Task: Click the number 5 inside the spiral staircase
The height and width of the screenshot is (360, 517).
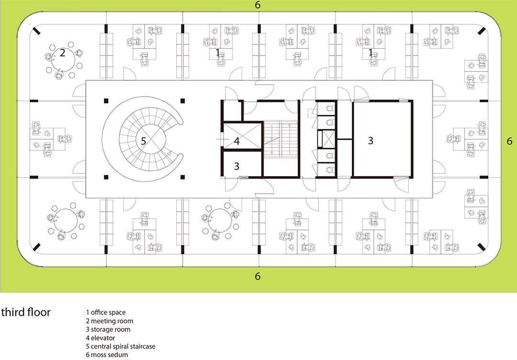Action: pos(144,141)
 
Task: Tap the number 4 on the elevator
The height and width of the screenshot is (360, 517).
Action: pos(237,141)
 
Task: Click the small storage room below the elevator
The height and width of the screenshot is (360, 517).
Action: pos(243,164)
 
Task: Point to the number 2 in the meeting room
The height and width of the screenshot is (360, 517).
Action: pos(62,52)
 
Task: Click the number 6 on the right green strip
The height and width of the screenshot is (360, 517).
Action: pos(509,141)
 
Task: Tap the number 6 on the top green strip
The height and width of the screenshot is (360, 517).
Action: pos(258,5)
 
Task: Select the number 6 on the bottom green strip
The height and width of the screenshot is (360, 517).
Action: pos(258,276)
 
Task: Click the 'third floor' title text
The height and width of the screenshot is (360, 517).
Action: pos(26,312)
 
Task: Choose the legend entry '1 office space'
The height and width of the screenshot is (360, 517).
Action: pos(106,312)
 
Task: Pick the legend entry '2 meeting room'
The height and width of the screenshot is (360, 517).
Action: pos(110,321)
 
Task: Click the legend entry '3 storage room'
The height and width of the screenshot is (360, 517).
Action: pos(108,329)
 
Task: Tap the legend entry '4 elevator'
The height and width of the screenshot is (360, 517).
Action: pos(101,338)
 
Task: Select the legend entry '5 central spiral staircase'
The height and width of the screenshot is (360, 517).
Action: pos(121,347)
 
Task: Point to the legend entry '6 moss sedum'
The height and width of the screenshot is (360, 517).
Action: pos(107,355)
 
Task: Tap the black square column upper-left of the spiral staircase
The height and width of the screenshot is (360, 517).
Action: pos(106,101)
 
